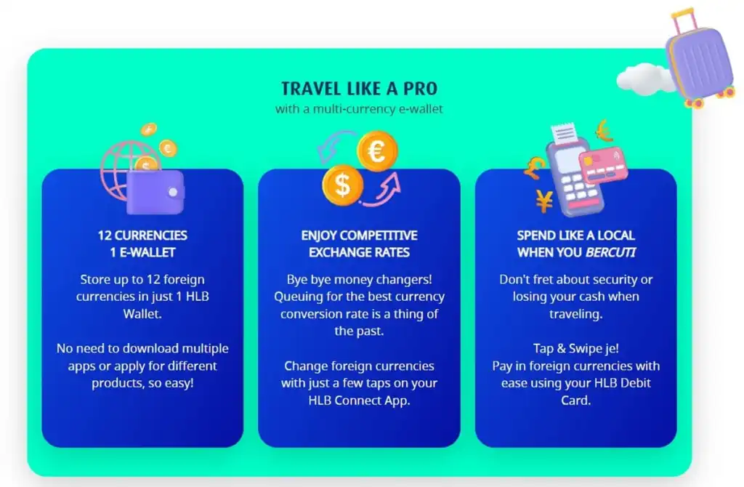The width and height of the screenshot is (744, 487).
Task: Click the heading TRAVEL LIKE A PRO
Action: (x=359, y=88)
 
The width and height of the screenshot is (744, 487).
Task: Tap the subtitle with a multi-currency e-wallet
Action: (x=359, y=109)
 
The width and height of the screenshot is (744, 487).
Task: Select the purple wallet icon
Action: (x=155, y=192)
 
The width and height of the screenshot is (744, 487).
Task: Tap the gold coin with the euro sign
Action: (x=377, y=151)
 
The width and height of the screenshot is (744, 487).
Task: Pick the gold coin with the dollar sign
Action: (x=343, y=185)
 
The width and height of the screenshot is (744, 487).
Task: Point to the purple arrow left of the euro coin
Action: (x=332, y=145)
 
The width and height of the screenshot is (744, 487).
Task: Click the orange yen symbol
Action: (x=544, y=201)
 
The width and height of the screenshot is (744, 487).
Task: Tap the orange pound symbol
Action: (x=535, y=168)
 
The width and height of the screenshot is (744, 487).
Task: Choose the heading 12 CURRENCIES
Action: (x=142, y=236)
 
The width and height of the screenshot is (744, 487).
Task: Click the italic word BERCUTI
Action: (x=610, y=252)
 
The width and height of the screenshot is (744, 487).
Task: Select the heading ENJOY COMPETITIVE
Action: (x=359, y=236)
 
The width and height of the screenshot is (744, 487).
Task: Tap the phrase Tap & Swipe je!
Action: (x=575, y=348)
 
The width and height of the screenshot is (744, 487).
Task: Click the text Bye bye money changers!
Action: (x=359, y=280)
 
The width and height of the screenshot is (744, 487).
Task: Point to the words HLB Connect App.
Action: (x=359, y=401)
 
